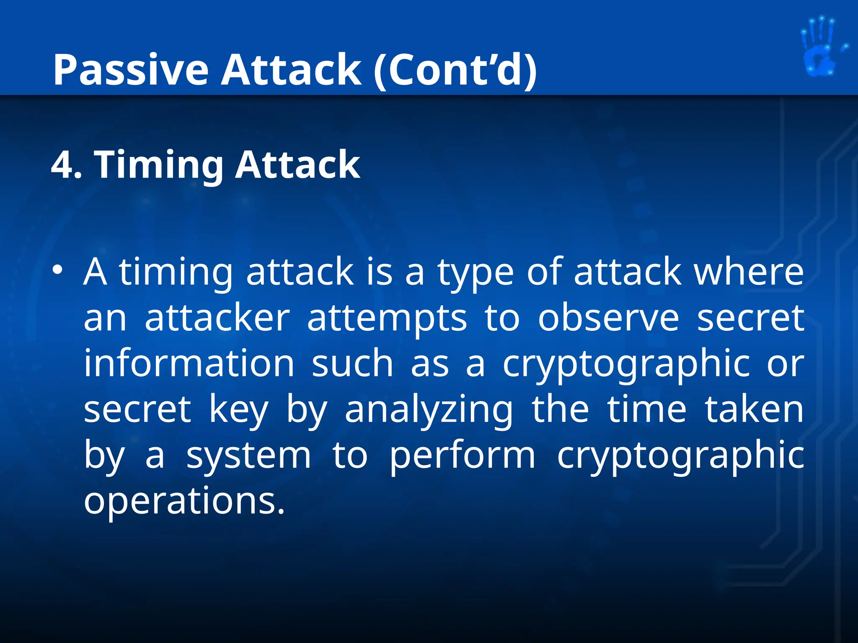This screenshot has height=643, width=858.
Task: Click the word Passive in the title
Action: click(130, 70)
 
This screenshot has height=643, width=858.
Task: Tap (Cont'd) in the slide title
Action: click(455, 70)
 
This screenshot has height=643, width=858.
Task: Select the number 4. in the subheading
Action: click(67, 165)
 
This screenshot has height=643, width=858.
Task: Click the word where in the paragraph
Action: click(749, 272)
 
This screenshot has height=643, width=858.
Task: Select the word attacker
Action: click(217, 318)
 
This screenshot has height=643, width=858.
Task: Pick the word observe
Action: click(608, 318)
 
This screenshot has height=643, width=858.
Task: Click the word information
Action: click(189, 363)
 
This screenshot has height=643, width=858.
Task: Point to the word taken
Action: click(754, 409)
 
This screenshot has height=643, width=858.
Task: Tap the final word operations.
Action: click(184, 502)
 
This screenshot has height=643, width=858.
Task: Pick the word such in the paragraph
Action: click(352, 363)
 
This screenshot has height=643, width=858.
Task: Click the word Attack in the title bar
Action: click(291, 70)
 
